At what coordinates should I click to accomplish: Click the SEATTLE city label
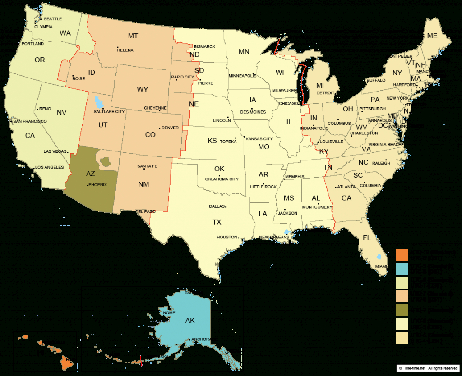(x=53, y=18)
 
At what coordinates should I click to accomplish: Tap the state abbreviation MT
(x=133, y=36)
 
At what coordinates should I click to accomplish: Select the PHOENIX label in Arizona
(x=98, y=185)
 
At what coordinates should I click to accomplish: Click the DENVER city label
(x=170, y=128)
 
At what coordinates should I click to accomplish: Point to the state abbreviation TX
(x=217, y=222)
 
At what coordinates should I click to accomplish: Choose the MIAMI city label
(x=381, y=266)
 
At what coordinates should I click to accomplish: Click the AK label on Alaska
(x=190, y=321)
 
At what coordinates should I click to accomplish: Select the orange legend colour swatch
(x=402, y=254)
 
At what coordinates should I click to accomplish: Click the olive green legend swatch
(x=402, y=311)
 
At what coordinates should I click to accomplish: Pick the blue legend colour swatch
(x=402, y=268)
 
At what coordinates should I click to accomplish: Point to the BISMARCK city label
(x=205, y=46)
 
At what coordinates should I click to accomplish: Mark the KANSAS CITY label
(x=259, y=139)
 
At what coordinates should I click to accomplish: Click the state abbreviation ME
(x=432, y=36)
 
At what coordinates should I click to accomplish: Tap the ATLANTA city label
(x=346, y=187)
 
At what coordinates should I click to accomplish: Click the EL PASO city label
(x=147, y=211)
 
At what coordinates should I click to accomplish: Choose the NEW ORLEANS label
(x=274, y=237)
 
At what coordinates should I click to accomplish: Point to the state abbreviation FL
(x=367, y=238)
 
